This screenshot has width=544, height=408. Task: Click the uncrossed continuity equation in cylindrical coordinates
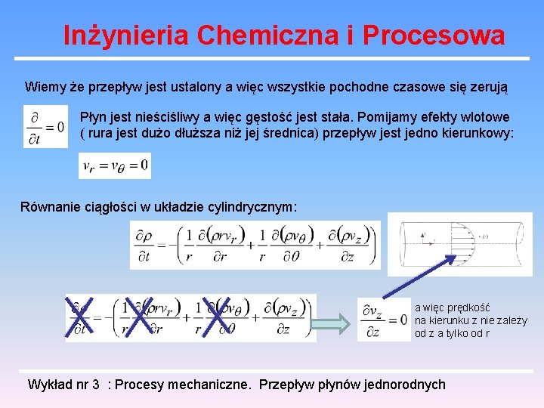coord(255,245)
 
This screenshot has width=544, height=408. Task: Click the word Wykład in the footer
coord(50,384)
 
